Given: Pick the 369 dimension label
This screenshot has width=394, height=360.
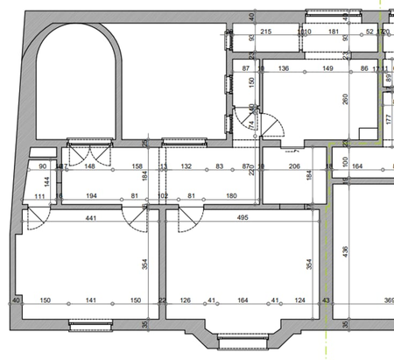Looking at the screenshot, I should pos(384,301).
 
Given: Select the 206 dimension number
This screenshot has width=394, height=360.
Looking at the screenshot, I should pos(294,165).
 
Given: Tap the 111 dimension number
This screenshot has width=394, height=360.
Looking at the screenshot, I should pos(39,195).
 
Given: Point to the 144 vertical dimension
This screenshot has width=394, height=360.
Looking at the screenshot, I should pos(47,182).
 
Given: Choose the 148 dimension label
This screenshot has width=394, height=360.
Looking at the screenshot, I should pos(89,165).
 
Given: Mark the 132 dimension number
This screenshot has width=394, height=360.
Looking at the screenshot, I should pos(186,165).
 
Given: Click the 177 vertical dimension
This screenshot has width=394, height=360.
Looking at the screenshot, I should pos(388,119).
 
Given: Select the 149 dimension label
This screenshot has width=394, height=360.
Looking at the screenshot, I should pos(327,67).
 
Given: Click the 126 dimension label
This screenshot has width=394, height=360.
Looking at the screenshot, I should pos(185,301).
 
